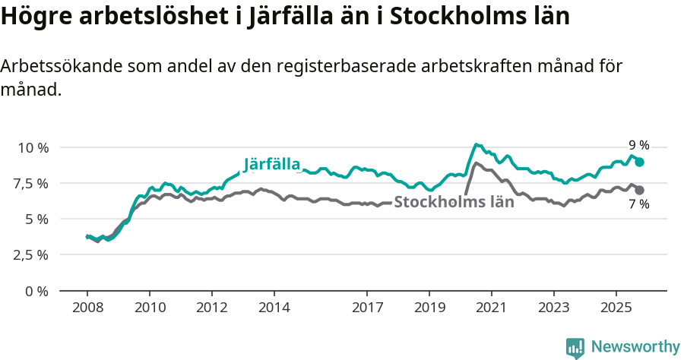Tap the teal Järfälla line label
click(272, 164)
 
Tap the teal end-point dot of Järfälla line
click(640, 162)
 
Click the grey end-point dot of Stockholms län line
click(640, 190)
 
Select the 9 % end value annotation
click(638, 145)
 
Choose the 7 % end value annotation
click(638, 204)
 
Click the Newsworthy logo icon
click(575, 348)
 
